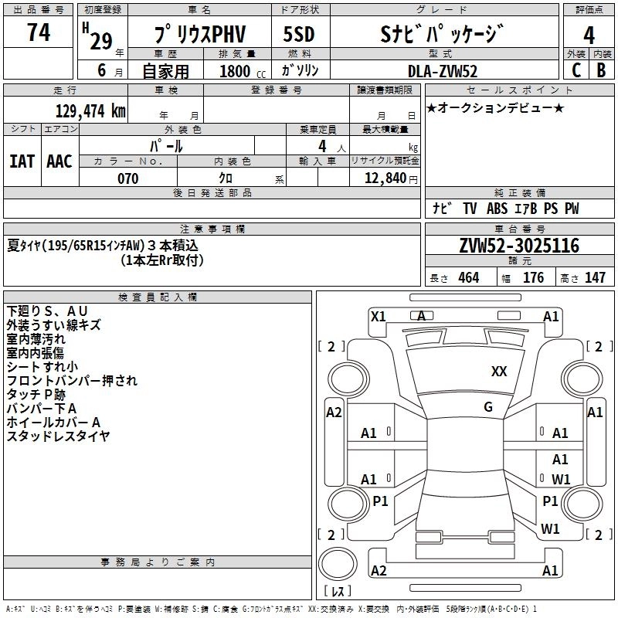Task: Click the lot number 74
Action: (39, 33)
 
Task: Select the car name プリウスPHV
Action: (198, 36)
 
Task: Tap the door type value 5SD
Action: (300, 35)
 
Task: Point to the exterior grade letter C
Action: (576, 70)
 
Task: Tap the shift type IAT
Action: (22, 161)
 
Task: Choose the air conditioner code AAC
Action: (59, 161)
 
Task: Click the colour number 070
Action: (127, 178)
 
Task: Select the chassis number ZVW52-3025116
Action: (518, 246)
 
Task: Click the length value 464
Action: (468, 278)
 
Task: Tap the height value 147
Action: (595, 278)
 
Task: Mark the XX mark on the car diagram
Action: (499, 372)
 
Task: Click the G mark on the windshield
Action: (488, 407)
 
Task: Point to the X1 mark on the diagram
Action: (379, 316)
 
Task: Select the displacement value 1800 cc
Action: (239, 71)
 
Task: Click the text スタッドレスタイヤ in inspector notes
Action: (58, 436)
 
